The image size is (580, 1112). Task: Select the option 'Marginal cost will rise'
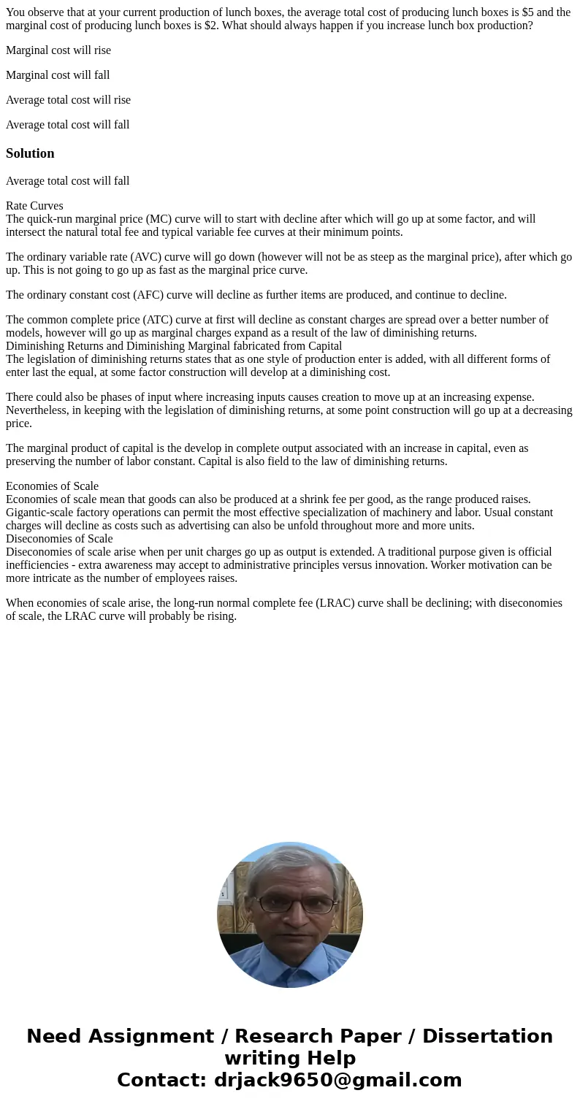pos(58,50)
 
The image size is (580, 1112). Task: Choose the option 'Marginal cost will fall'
pos(58,75)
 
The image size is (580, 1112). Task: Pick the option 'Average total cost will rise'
pos(68,100)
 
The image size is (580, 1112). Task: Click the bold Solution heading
pos(30,153)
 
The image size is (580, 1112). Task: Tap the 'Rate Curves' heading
pos(34,206)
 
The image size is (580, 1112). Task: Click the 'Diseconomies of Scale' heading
pos(59,539)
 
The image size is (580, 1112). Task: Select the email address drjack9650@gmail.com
pos(337,1080)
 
